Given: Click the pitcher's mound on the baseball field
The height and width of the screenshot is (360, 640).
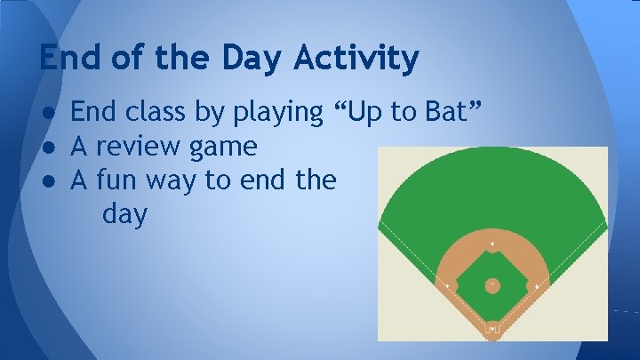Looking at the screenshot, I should pyautogui.click(x=492, y=285).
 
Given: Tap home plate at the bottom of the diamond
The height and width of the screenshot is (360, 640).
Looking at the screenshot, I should pyautogui.click(x=492, y=329).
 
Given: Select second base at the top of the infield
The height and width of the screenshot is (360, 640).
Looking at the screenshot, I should pyautogui.click(x=492, y=244).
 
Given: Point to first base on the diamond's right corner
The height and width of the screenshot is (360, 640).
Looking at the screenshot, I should pyautogui.click(x=537, y=285).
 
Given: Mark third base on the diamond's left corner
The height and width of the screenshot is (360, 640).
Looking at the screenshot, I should pyautogui.click(x=447, y=285).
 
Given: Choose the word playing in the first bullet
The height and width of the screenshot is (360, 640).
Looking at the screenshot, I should pyautogui.click(x=277, y=113).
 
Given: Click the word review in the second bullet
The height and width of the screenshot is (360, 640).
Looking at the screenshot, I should pyautogui.click(x=144, y=146).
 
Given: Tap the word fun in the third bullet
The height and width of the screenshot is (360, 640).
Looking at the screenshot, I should pyautogui.click(x=114, y=180).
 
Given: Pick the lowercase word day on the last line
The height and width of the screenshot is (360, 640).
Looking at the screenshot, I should pyautogui.click(x=124, y=216).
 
